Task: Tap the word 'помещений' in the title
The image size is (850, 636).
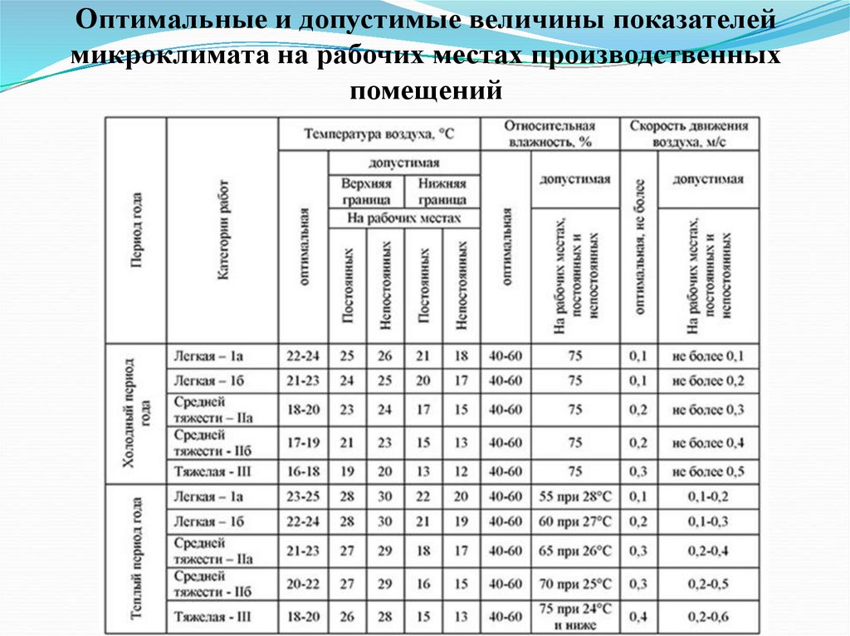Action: click(425, 88)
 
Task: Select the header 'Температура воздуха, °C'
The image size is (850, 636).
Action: click(379, 133)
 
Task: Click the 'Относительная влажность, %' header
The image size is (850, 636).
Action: click(550, 134)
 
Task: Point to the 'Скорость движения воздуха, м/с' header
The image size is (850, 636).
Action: click(689, 134)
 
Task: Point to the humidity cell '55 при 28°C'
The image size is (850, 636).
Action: click(574, 497)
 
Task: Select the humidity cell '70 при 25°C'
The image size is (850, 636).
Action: click(574, 583)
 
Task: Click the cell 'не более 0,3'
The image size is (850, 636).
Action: click(708, 410)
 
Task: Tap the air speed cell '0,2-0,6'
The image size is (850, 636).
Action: click(708, 617)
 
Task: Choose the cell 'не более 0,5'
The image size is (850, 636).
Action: click(708, 472)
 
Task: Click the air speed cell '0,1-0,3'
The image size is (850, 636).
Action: click(708, 522)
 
